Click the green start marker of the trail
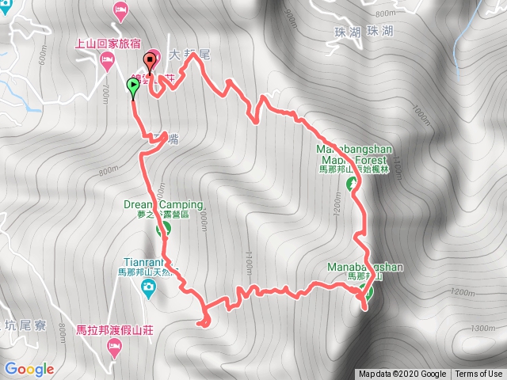click(x=132, y=89)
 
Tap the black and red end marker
click(x=149, y=63)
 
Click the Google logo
click(x=29, y=369)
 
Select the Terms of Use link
click(x=478, y=374)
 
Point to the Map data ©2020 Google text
click(x=402, y=374)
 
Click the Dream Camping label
click(x=158, y=204)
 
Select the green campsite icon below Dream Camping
click(x=164, y=229)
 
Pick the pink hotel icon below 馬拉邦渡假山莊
click(x=115, y=346)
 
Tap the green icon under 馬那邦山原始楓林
click(x=352, y=184)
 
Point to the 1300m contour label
click(x=481, y=328)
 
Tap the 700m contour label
click(x=105, y=94)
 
